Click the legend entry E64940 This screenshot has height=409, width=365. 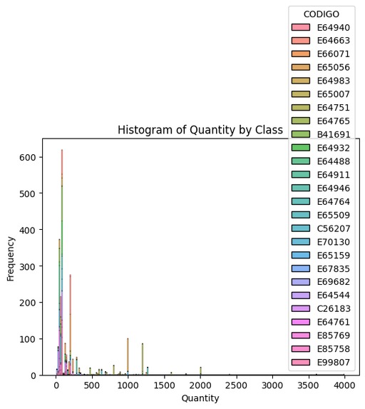[x=333, y=28]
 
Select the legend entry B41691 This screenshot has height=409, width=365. [x=333, y=133]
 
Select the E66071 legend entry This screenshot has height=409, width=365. [x=333, y=54]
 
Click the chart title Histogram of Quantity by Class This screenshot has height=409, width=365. [x=200, y=131]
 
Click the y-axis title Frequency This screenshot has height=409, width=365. [x=11, y=256]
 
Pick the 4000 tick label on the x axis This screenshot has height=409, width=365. [x=344, y=385]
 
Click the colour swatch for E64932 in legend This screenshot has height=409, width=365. [x=302, y=147]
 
